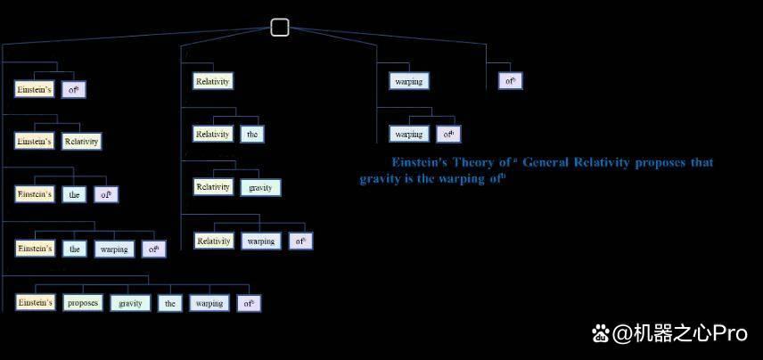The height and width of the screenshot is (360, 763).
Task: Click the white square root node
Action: [280, 28]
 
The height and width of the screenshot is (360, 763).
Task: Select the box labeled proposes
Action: [83, 303]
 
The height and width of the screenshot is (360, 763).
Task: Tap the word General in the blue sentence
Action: [546, 162]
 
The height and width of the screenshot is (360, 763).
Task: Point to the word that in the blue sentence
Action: [702, 162]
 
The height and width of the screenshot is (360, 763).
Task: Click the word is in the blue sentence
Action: [409, 178]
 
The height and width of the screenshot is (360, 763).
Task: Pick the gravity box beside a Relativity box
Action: [260, 187]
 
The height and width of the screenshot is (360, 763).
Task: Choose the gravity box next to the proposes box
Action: [130, 303]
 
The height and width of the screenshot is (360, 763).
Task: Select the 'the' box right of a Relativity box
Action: [252, 135]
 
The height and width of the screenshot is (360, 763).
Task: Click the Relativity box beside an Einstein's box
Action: [82, 142]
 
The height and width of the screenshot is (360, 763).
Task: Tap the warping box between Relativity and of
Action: [261, 241]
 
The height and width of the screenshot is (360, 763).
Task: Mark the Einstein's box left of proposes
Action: [35, 303]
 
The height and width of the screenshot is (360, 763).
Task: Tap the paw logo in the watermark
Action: [601, 334]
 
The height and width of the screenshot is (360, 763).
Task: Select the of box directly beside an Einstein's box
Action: [73, 89]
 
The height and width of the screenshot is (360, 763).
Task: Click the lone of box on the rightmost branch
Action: [510, 81]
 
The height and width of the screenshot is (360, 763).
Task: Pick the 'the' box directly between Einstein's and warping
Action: [75, 249]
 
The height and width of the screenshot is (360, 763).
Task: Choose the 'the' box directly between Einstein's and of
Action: [75, 194]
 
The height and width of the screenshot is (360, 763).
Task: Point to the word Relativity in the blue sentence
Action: [602, 162]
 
